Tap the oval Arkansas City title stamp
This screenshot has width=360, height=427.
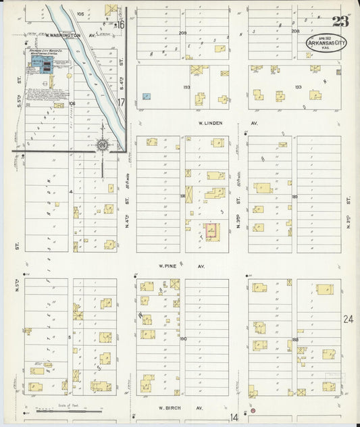pos(319,43)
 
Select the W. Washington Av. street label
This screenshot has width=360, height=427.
pos(63,34)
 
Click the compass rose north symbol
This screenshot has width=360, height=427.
pos(102,144)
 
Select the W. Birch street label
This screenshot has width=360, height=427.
pos(171,408)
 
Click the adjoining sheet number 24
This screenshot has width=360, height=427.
pos(348,319)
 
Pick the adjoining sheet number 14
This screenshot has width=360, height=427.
pos(234,418)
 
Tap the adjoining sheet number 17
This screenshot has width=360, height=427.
pos(122,103)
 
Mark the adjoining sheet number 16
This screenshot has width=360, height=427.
pos(122,25)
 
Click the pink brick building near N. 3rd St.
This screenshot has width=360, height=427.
pos(212,232)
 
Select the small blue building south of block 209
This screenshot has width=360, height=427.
pos(146,97)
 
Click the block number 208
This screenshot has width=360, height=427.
pos(295,31)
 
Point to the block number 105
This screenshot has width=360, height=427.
pos(80,14)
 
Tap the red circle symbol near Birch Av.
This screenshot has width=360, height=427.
pos(253,410)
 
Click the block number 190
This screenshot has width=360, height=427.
pos(182,338)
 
